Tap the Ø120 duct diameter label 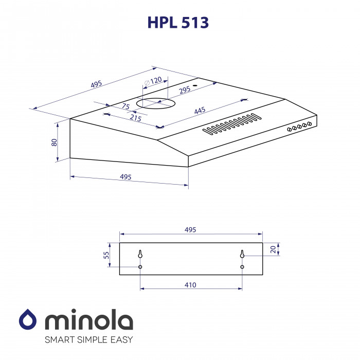153,81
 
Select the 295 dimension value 185,89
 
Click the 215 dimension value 135,118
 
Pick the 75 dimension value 125,106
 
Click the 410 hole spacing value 190,284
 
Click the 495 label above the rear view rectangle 190,230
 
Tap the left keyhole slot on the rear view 140,254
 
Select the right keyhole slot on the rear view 242,254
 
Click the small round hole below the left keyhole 140,267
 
